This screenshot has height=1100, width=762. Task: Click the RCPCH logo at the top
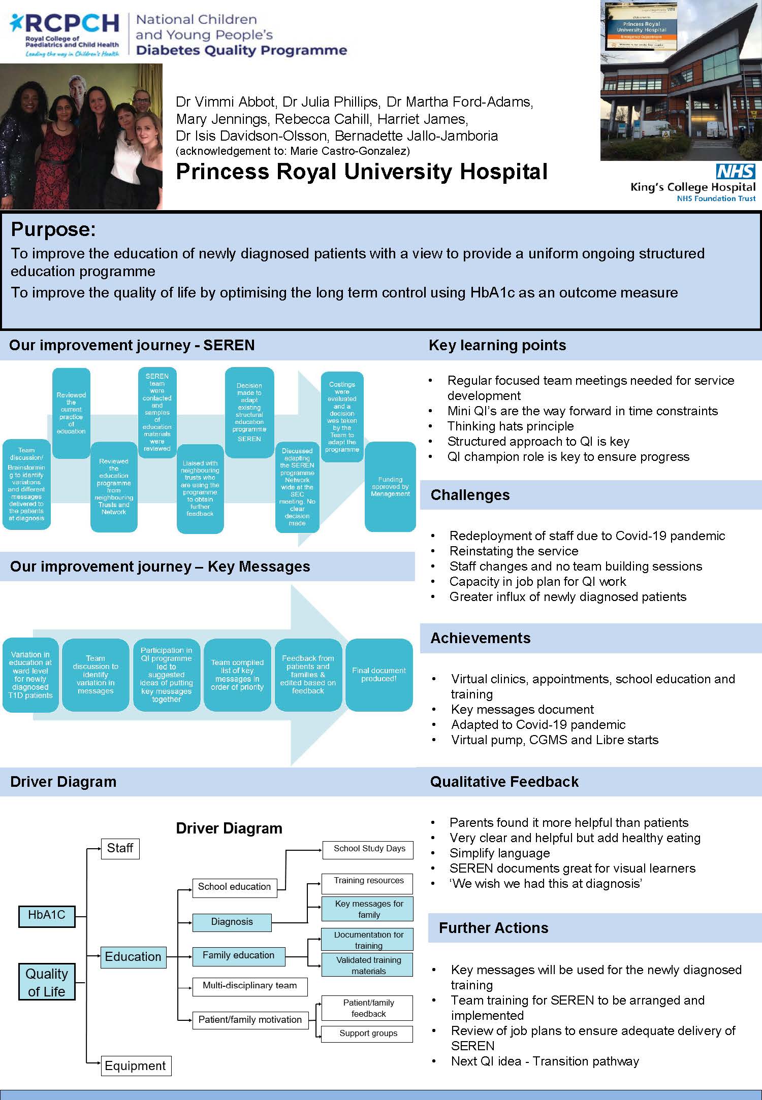tap(65, 35)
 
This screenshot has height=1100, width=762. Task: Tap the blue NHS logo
tap(736, 172)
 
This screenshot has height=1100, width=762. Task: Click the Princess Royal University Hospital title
tap(362, 172)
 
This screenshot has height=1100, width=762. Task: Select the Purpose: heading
tap(53, 229)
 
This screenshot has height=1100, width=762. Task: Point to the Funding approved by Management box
tap(390, 486)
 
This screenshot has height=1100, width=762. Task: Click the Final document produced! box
tap(379, 675)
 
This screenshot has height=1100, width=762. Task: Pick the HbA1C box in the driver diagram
tap(47, 915)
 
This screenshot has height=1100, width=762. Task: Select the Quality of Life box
tap(47, 982)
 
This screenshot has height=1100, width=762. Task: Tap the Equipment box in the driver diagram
tap(136, 1065)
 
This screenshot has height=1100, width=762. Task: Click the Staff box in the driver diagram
tap(120, 848)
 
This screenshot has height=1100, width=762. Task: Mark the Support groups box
tap(367, 1034)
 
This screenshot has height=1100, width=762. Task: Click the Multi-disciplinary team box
tap(249, 986)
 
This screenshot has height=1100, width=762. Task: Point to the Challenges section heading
tap(470, 495)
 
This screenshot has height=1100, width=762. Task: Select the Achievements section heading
tap(481, 638)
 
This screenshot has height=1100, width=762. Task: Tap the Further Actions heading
tap(494, 928)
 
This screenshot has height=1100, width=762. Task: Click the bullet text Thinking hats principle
tap(511, 426)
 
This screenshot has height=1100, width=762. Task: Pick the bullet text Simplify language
tap(500, 853)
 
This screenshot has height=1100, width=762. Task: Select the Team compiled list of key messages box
tap(237, 675)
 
